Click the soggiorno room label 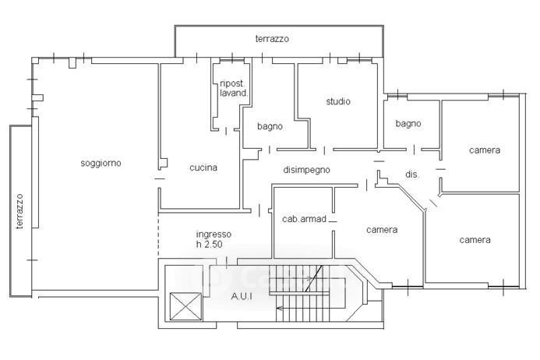101,163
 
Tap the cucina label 203,168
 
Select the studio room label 338,101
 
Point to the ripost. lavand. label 234,88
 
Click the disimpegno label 306,170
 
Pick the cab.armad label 304,219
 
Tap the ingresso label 214,235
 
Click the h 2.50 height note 209,244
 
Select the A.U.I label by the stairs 242,296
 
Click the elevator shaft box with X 185,306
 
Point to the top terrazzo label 272,39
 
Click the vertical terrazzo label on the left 19,211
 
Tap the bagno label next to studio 270,126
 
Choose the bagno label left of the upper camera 408,124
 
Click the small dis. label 412,175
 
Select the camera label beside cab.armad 382,229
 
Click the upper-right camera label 485,150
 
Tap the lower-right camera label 475,240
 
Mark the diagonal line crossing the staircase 314,279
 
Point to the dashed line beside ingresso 158,234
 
